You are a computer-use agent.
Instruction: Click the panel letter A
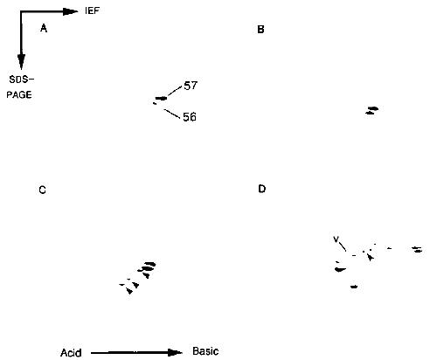(44, 28)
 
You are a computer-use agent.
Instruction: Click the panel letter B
(260, 29)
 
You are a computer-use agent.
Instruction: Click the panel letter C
(42, 190)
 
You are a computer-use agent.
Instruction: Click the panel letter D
(261, 189)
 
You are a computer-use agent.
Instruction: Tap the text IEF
(93, 10)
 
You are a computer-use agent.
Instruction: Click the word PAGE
(19, 94)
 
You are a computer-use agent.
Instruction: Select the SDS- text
(22, 80)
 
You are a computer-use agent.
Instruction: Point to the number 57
(191, 86)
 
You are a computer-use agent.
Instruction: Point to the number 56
(190, 117)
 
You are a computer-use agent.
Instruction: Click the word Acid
(71, 353)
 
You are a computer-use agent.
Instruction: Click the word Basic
(205, 351)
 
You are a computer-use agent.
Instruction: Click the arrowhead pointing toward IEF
(71, 11)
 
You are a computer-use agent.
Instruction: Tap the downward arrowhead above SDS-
(21, 62)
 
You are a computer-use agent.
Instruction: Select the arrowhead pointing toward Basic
(175, 353)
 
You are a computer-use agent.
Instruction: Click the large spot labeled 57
(161, 98)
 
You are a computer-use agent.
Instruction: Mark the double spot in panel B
(372, 110)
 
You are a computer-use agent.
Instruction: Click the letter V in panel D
(336, 239)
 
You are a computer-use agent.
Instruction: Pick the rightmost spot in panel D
(418, 249)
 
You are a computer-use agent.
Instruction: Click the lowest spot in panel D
(354, 287)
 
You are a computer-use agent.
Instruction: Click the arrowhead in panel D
(370, 257)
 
